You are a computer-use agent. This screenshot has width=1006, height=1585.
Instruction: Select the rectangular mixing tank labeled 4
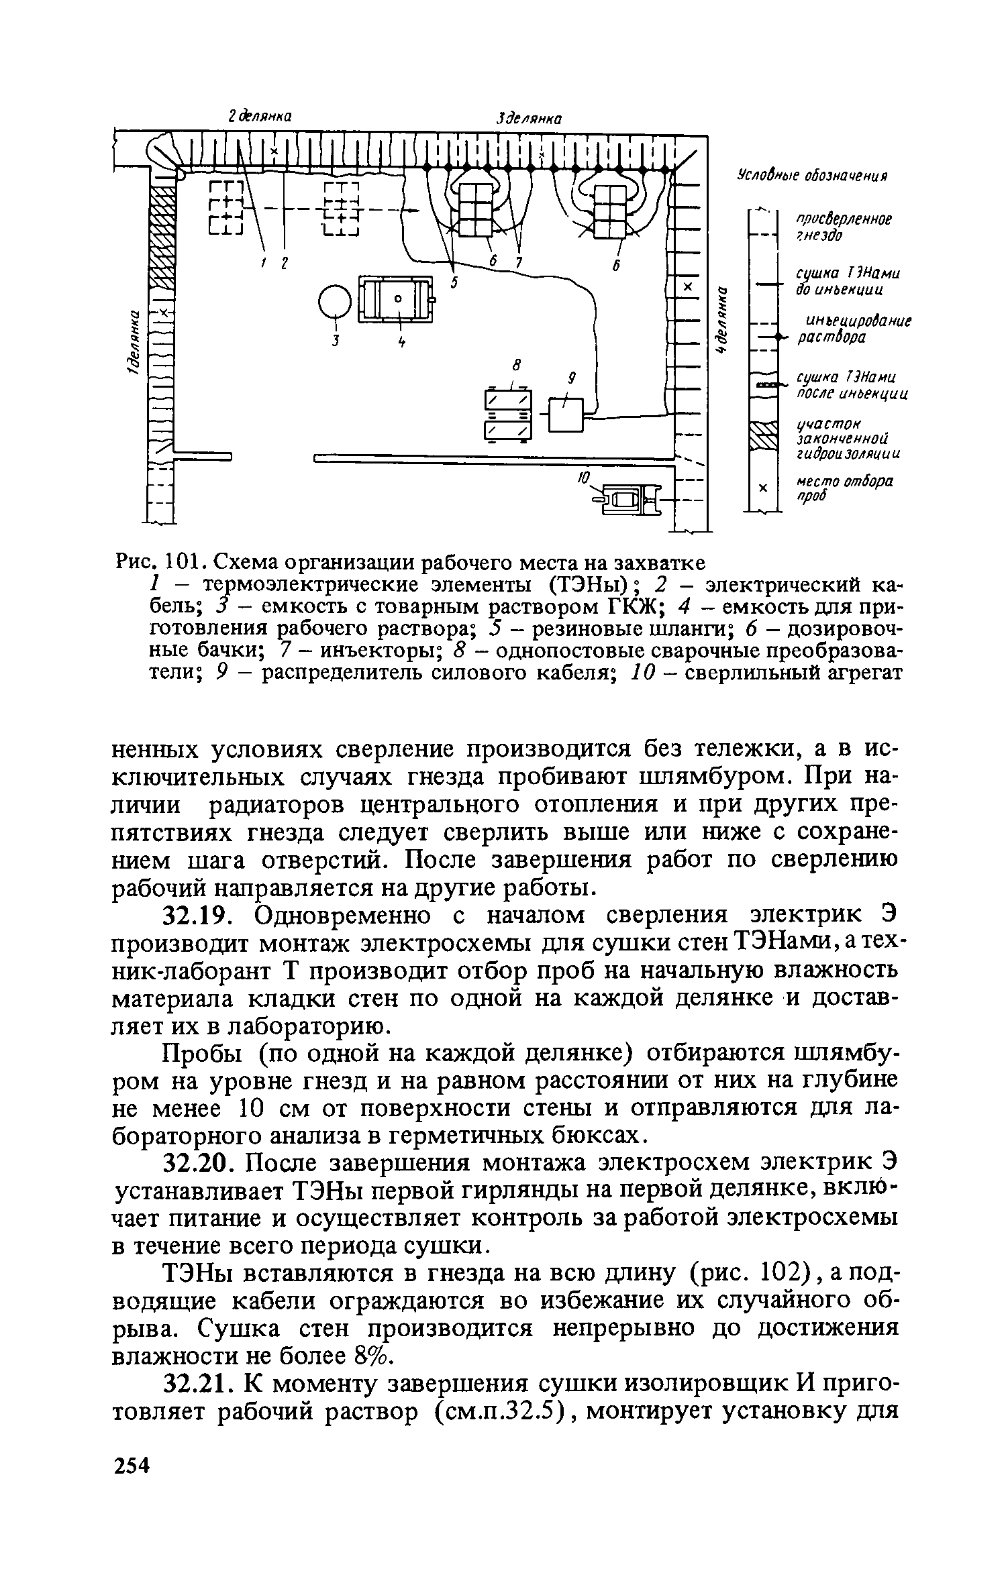click(397, 300)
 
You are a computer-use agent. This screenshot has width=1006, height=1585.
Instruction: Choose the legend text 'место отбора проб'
click(844, 489)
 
